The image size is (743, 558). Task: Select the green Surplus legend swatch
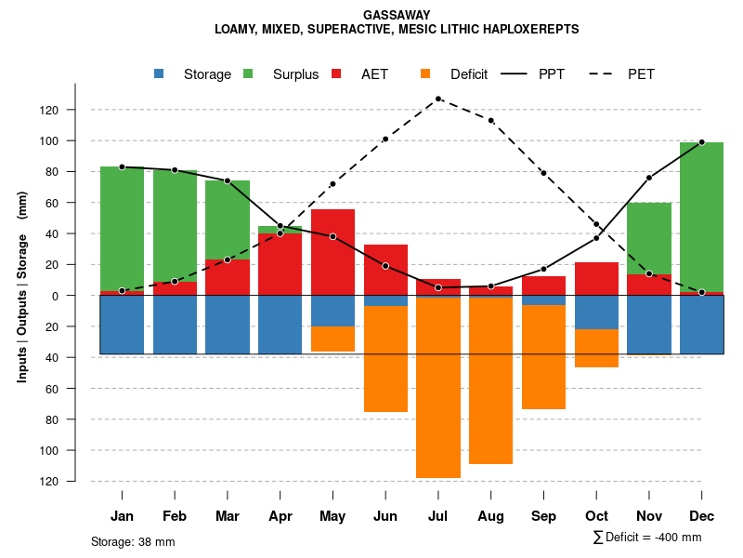click(249, 74)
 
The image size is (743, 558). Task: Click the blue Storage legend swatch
click(160, 74)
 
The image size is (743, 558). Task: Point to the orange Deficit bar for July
click(438, 388)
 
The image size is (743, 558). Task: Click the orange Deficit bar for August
click(490, 380)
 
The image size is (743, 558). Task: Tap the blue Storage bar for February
click(175, 325)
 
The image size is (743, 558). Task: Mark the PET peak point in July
click(438, 99)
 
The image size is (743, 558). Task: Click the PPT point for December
click(701, 142)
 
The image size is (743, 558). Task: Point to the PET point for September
click(543, 173)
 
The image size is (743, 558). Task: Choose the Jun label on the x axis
click(385, 516)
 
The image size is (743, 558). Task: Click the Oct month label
click(596, 516)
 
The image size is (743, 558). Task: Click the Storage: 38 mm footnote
click(133, 541)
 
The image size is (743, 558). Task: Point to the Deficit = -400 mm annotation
click(647, 538)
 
